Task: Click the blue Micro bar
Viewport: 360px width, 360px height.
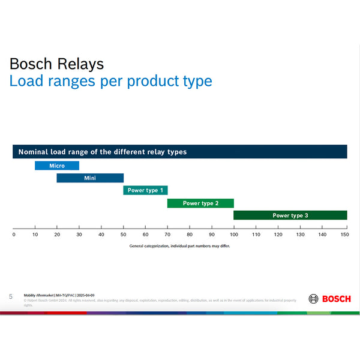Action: tap(57, 166)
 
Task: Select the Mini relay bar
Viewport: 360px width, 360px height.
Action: tap(90, 178)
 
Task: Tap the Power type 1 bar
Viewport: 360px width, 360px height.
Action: tap(145, 190)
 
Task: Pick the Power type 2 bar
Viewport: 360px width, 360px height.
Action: tap(200, 203)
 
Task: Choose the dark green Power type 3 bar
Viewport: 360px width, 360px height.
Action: tap(290, 215)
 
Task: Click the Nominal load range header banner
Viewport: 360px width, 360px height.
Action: tap(180, 152)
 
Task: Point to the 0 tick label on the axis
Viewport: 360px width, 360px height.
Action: tap(14, 235)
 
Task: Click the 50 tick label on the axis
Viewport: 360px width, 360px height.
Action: tap(123, 235)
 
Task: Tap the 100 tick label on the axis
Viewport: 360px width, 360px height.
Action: tap(233, 235)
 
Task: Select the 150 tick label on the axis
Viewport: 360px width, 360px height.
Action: tap(344, 235)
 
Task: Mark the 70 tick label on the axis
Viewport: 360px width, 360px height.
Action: tap(167, 235)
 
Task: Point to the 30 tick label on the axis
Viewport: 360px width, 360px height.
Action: tap(79, 235)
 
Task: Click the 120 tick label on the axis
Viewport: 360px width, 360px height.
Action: tap(278, 235)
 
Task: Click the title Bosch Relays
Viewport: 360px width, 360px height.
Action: tap(56, 64)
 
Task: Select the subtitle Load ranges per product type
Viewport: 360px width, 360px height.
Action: tap(110, 81)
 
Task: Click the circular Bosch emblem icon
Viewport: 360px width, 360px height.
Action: tap(314, 299)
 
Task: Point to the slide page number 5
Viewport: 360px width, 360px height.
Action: tap(11, 296)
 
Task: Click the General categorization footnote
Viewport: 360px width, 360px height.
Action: tap(179, 246)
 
